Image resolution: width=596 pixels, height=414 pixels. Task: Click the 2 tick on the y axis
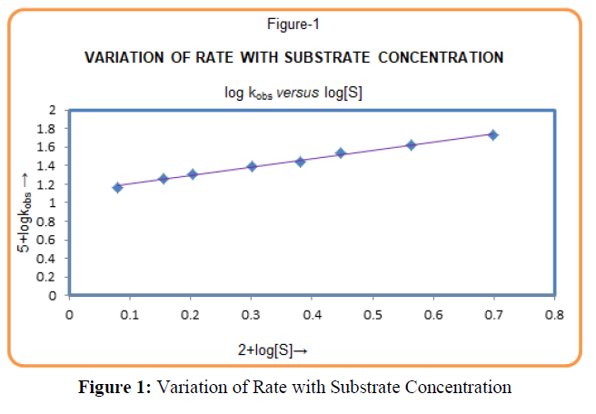(56, 110)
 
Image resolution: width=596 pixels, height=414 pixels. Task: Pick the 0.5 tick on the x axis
(372, 314)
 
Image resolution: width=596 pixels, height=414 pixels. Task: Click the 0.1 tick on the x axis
(130, 314)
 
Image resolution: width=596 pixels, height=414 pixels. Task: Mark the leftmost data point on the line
(117, 187)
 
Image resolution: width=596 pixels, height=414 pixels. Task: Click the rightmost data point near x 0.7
(493, 134)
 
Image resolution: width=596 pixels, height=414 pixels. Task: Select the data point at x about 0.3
(252, 166)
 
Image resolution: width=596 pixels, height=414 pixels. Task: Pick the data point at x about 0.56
(411, 144)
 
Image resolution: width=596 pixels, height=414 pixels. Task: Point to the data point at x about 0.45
(341, 153)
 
